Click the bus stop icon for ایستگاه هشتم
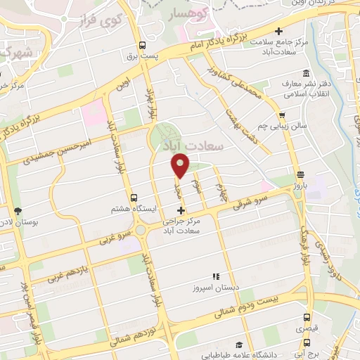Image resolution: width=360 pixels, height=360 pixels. click(133, 198)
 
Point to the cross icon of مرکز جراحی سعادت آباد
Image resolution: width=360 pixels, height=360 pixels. click(181, 210)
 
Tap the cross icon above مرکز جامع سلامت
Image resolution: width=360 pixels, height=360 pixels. click(279, 31)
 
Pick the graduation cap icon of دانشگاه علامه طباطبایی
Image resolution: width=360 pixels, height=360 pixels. click(239, 345)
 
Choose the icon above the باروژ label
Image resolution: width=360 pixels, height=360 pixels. click(301, 175)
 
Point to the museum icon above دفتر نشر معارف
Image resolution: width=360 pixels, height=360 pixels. click(306, 73)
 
